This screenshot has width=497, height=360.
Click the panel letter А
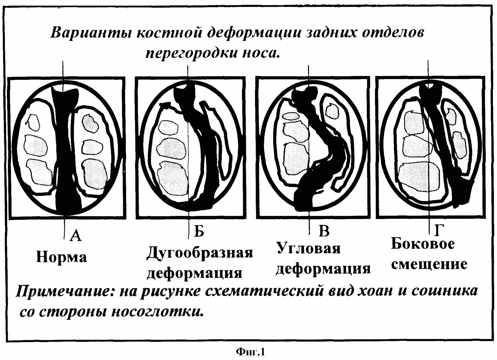click(x=75, y=236)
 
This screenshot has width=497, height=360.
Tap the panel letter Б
click(x=199, y=231)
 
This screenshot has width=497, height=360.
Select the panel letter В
click(x=324, y=231)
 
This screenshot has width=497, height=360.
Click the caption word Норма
click(x=62, y=257)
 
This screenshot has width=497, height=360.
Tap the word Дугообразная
click(x=200, y=253)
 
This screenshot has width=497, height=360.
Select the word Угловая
click(x=308, y=248)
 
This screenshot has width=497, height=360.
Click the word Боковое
click(x=423, y=244)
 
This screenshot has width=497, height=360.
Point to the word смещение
click(x=429, y=264)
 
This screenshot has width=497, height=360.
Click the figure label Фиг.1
click(x=250, y=352)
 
